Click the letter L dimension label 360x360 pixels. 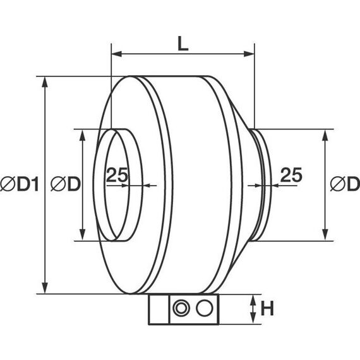(x=183, y=44)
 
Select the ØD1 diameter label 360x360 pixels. (x=20, y=184)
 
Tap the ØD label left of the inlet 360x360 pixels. (x=66, y=184)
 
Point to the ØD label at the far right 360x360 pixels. (x=345, y=184)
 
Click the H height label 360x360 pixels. (x=267, y=309)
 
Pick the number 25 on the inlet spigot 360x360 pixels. (x=117, y=175)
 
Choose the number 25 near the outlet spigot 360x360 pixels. (x=291, y=175)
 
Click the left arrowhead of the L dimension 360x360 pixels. (x=116, y=54)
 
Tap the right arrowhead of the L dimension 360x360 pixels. (x=249, y=54)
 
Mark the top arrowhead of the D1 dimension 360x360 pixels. (x=45, y=82)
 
